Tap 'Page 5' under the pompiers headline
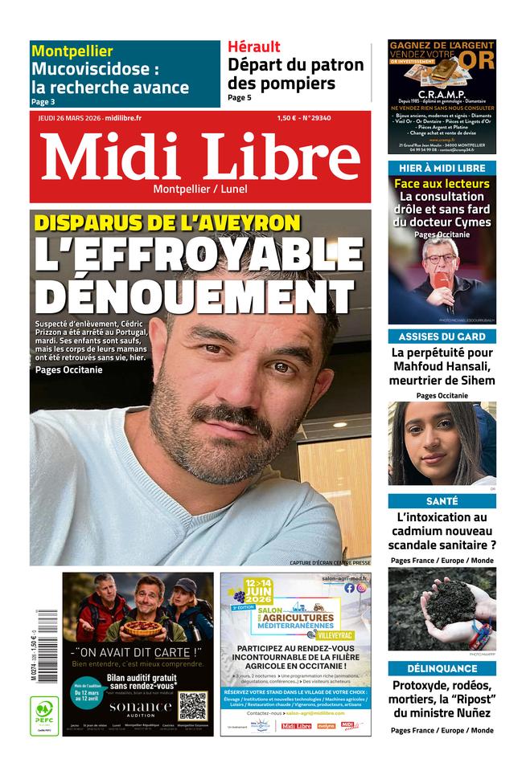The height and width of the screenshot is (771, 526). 240,98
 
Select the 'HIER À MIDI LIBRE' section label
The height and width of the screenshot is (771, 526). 442,168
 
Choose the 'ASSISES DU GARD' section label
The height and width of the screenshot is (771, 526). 442,337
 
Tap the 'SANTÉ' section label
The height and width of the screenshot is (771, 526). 442,500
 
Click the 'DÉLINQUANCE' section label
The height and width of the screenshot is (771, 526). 442,668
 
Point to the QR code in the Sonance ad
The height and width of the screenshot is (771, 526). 192,704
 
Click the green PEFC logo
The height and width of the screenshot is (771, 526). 44,714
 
